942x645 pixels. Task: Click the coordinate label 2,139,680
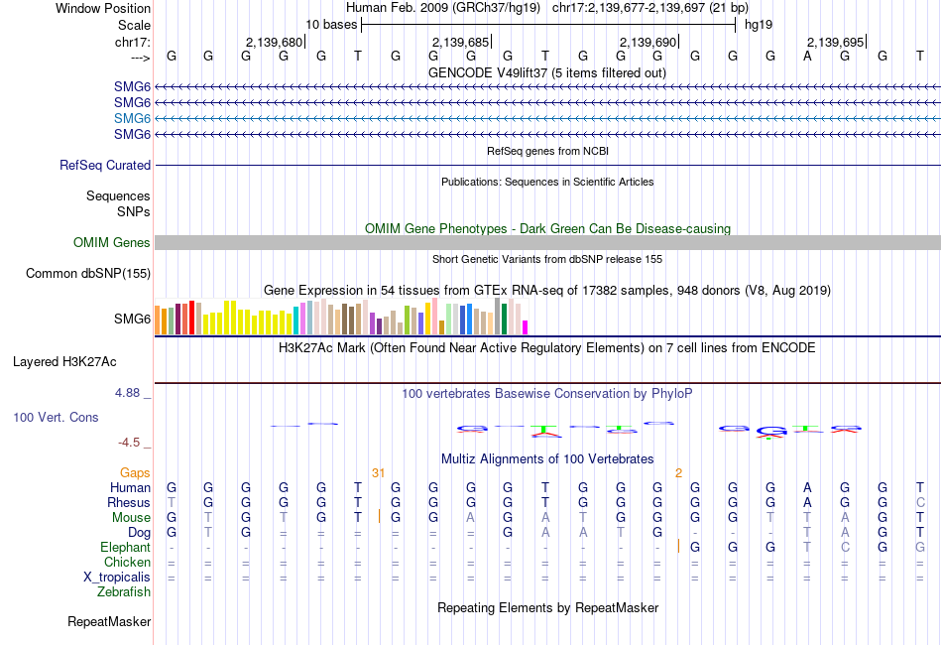[274, 42]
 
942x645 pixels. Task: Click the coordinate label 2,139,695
[835, 42]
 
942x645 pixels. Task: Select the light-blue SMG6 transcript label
[132, 118]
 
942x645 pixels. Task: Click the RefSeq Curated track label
[105, 166]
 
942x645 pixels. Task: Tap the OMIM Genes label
[112, 243]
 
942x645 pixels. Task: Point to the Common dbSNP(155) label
[88, 274]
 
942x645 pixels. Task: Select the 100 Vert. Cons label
[56, 418]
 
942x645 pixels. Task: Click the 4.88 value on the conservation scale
[128, 393]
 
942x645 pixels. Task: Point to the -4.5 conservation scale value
[132, 443]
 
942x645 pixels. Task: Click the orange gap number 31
[378, 473]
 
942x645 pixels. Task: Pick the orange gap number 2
[678, 473]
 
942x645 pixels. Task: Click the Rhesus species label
[129, 503]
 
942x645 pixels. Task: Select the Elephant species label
[126, 548]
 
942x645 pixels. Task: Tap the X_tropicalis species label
[117, 578]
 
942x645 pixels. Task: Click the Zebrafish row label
[124, 592]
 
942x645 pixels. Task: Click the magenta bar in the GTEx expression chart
[526, 327]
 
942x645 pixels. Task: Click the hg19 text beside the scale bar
[759, 23]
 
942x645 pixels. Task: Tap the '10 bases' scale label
[330, 23]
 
